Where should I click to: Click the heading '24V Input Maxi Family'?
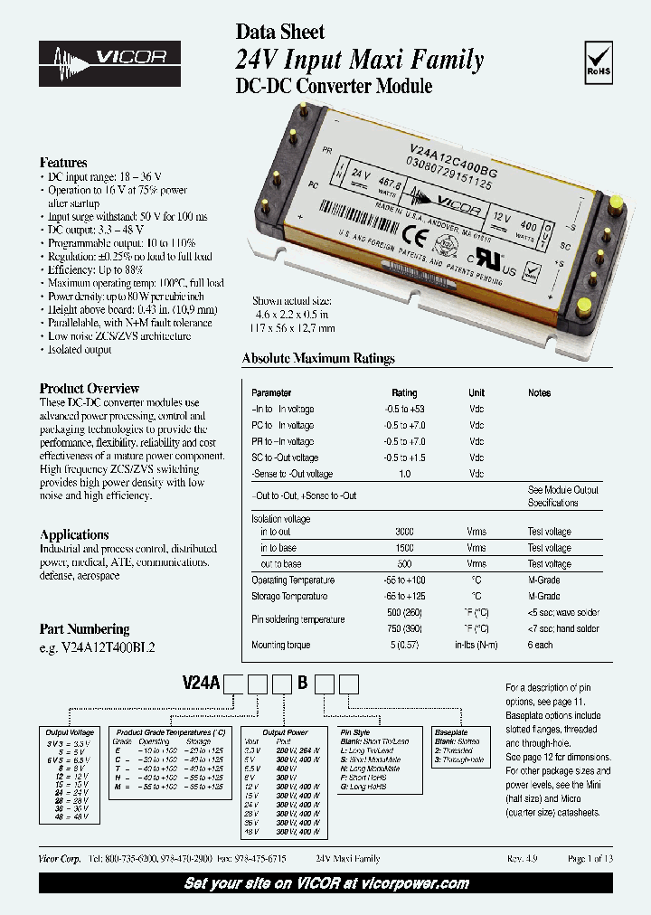pyautogui.click(x=359, y=61)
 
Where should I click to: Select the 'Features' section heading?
pyautogui.click(x=63, y=163)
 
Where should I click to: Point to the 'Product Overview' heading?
pyautogui.click(x=89, y=388)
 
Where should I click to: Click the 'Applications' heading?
pyautogui.click(x=74, y=534)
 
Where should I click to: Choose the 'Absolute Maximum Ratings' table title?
pyautogui.click(x=318, y=359)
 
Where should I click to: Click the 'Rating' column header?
pyautogui.click(x=404, y=393)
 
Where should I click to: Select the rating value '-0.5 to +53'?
pyautogui.click(x=404, y=410)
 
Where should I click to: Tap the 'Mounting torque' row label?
pyautogui.click(x=282, y=646)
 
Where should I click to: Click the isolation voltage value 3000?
pyautogui.click(x=404, y=532)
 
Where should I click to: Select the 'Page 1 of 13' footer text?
pyautogui.click(x=590, y=859)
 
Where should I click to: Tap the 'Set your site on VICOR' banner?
pyautogui.click(x=325, y=883)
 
